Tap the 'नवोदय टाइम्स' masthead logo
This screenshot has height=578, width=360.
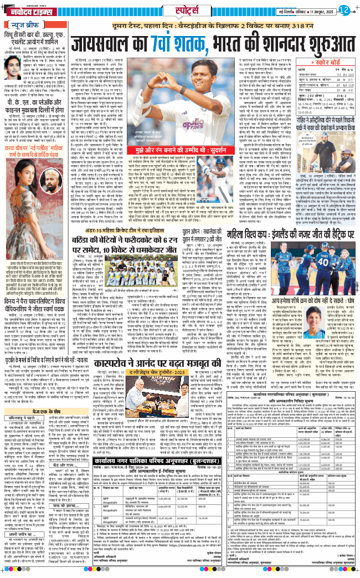point(27,9)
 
